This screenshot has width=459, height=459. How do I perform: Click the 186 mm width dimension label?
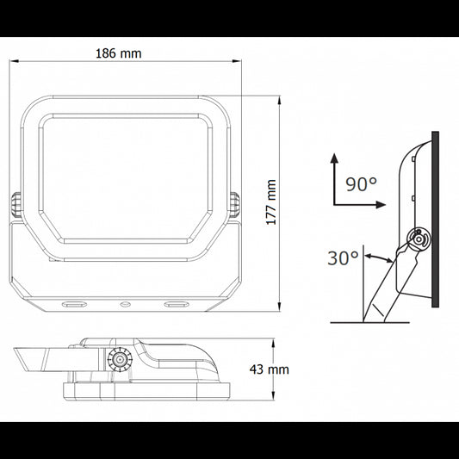click(119, 53)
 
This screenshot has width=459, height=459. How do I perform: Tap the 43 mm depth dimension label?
click(269, 369)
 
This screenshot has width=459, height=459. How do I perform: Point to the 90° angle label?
click(361, 183)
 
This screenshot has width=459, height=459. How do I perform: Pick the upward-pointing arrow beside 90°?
click(333, 161)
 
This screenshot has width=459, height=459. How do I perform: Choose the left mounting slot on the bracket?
click(73, 304)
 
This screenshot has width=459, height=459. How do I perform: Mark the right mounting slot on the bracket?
click(177, 304)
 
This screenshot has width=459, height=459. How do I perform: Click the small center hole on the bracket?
click(125, 304)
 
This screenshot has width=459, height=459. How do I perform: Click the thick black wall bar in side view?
click(436, 219)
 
